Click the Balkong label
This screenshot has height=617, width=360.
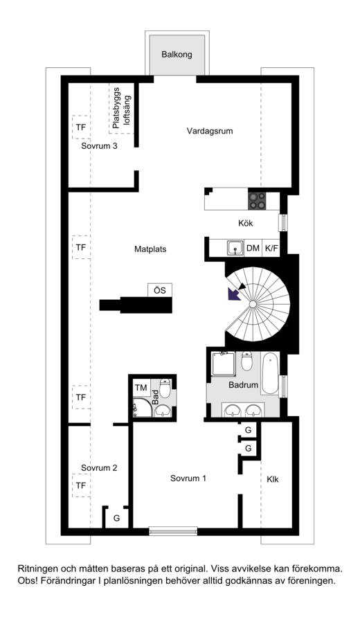177,54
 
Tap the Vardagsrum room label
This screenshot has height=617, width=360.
210,131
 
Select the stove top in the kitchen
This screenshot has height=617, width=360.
257,199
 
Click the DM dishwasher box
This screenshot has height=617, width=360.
253,249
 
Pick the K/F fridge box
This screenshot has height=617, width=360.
271,249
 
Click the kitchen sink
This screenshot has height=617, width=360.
235,248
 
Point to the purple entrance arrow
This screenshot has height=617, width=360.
234,294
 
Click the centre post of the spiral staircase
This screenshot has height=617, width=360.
252,305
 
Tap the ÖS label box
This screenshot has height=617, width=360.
160,290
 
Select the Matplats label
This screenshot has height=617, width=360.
150,249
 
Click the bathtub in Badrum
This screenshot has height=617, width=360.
270,373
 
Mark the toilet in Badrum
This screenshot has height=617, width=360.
246,361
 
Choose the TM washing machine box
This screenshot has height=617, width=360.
141,388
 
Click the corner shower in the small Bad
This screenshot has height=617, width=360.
142,408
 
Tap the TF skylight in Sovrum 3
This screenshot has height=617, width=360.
81,127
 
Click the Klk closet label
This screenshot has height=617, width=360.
273,479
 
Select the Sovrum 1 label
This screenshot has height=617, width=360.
188,479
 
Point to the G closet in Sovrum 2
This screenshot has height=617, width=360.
116,518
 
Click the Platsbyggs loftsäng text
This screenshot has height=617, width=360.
121,108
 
